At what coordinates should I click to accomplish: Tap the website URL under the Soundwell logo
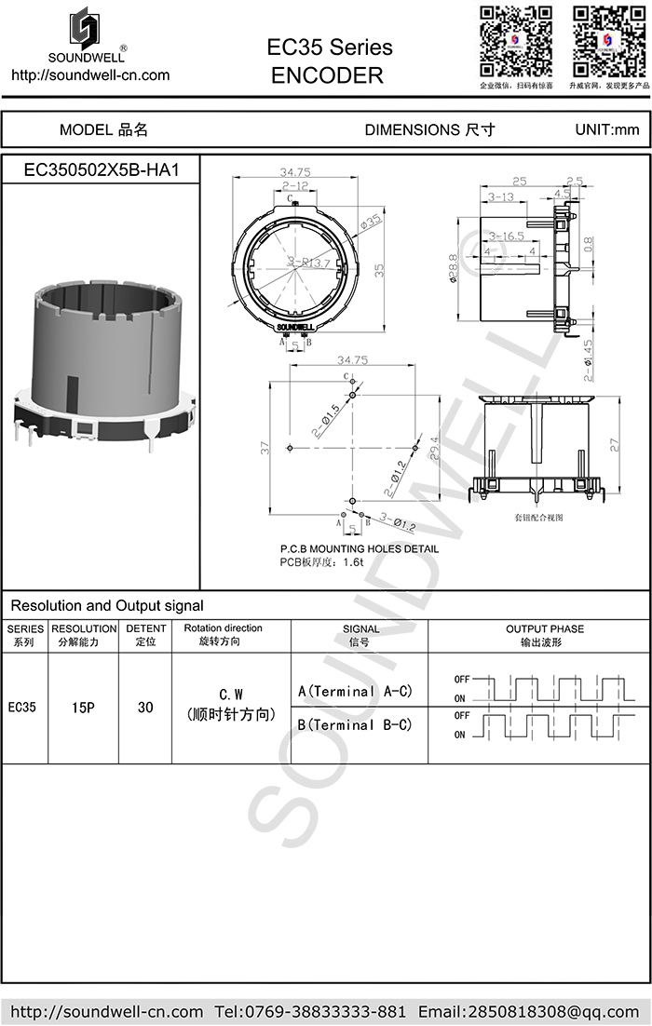tap(90, 74)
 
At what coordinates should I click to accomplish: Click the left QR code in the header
tap(515, 42)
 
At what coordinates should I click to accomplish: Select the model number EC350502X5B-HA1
tap(101, 171)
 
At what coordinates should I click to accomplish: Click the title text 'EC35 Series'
tap(330, 47)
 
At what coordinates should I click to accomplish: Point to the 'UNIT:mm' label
tap(607, 130)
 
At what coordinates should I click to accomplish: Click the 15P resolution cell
tap(84, 708)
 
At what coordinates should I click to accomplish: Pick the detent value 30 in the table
tap(145, 708)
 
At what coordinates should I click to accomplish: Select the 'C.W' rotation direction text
tap(231, 695)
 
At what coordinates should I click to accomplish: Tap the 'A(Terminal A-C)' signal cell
tap(355, 692)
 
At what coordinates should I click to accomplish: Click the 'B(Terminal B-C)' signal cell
tap(355, 724)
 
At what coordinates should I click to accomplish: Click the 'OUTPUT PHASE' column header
tap(545, 628)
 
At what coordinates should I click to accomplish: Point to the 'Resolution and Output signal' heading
tap(107, 606)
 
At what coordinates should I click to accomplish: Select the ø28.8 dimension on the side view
tap(454, 270)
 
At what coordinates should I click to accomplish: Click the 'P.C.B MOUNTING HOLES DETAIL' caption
tap(360, 549)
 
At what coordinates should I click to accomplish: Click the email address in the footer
tap(529, 1011)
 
